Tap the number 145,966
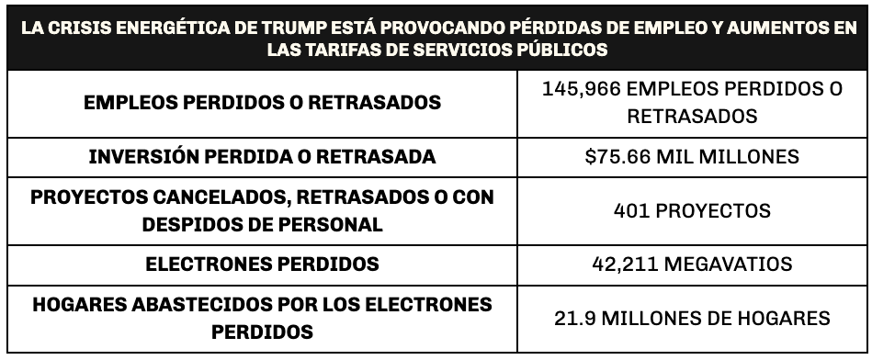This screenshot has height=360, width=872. (x=581, y=89)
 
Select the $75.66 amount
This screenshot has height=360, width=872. (x=617, y=157)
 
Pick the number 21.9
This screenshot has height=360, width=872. (x=575, y=319)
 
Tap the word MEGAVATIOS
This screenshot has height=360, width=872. (x=729, y=264)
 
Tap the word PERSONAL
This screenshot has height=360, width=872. (x=331, y=224)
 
